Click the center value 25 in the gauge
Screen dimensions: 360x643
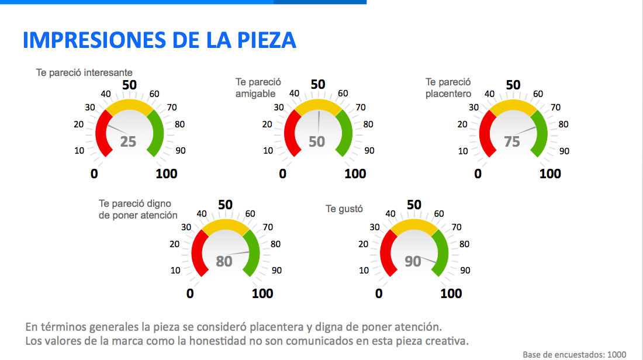(x=128, y=141)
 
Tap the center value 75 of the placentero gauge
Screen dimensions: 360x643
(x=512, y=141)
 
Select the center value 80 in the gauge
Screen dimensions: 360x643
(x=224, y=261)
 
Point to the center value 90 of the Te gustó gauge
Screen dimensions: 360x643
(x=413, y=261)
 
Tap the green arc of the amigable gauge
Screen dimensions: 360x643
(x=345, y=133)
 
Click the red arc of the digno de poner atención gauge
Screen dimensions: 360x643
(x=196, y=252)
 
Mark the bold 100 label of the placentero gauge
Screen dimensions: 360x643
(x=550, y=174)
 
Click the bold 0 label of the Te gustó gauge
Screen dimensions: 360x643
(x=379, y=293)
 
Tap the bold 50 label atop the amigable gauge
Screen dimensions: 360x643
(x=318, y=85)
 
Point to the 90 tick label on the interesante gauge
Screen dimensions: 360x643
(x=181, y=150)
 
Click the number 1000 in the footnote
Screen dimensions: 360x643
(x=616, y=354)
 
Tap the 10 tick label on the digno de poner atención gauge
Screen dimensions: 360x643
(x=175, y=270)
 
